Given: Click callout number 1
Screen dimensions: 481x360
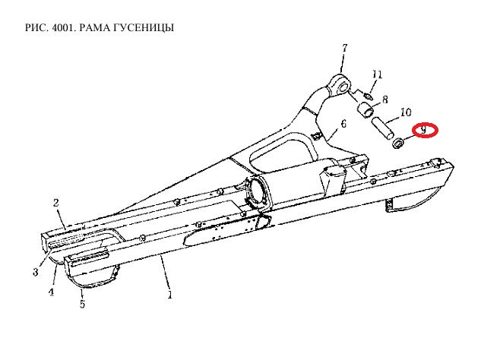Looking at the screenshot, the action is (x=169, y=295).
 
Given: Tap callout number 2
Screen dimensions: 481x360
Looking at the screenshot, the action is (x=55, y=203).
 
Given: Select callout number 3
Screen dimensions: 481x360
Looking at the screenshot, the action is (x=36, y=272).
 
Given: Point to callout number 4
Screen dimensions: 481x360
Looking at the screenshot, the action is (x=51, y=292).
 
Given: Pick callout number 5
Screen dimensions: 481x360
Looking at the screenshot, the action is (x=82, y=305).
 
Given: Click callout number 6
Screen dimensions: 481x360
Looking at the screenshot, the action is (x=343, y=124).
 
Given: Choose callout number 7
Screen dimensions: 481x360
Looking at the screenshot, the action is (x=344, y=48).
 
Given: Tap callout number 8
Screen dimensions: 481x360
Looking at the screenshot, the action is (x=384, y=99).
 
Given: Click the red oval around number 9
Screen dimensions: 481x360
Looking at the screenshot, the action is (x=425, y=131).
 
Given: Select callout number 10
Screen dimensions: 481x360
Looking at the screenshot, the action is (x=406, y=112).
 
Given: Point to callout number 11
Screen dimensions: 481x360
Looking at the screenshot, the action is (x=378, y=74).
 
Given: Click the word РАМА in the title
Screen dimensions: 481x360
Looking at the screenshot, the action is (x=94, y=27).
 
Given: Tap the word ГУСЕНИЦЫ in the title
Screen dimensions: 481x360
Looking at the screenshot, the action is (x=144, y=28).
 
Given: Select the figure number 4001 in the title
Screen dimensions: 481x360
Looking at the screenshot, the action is (x=63, y=27).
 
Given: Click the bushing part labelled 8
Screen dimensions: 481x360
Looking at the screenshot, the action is (x=366, y=110).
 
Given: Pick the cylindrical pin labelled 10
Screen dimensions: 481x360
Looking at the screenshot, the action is (x=382, y=128).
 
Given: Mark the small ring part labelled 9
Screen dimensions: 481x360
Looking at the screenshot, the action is (x=398, y=144).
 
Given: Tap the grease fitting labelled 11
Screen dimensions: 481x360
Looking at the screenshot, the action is (x=369, y=96).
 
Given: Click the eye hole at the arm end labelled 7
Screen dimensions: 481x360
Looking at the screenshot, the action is (x=343, y=87).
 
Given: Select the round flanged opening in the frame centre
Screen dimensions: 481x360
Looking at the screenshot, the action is (x=255, y=191).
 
